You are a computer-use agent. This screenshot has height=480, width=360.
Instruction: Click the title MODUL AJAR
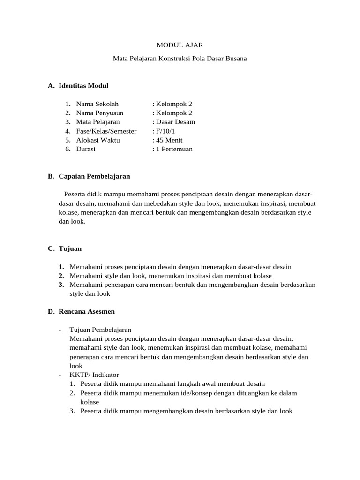tap(180, 45)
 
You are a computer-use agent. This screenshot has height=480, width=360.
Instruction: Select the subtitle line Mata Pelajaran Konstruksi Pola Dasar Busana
tap(180, 59)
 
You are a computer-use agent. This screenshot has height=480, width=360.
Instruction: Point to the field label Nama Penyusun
tap(99, 113)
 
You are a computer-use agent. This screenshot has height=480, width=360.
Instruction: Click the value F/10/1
tap(165, 131)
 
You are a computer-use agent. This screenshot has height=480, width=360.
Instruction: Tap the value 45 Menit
tap(169, 140)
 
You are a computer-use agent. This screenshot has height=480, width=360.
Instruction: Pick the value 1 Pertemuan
tap(174, 149)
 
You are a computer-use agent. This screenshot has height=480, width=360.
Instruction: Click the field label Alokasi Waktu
tap(98, 140)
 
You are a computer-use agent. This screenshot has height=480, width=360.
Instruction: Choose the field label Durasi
tap(86, 149)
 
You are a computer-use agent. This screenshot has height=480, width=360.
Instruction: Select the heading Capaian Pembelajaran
tap(94, 176)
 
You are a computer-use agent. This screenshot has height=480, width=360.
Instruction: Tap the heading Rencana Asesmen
tap(87, 311)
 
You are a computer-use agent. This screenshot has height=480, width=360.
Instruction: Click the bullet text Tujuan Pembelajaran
tap(100, 330)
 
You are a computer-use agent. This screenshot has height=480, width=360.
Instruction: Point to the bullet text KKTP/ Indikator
tap(94, 375)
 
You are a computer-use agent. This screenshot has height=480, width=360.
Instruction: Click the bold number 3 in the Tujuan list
tap(61, 285)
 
